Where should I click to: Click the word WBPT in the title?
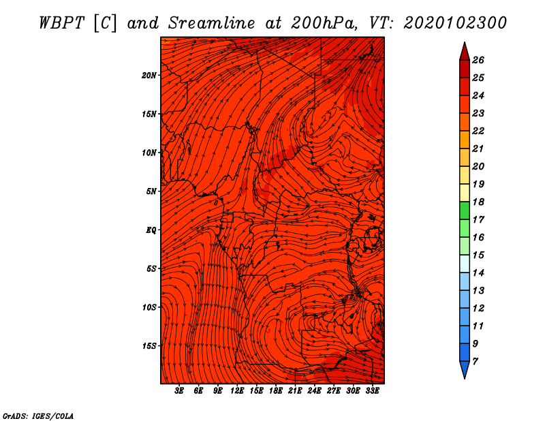61,23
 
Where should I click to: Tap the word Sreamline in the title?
212,23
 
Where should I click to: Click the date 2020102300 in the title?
455,23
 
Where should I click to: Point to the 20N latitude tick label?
149,76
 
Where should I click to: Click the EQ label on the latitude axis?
151,230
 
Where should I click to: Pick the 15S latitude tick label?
149,346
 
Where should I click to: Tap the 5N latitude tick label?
151,191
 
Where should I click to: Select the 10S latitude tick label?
149,307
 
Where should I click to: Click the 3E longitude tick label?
179,391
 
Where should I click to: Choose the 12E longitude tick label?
237,391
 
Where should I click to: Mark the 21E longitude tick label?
295,391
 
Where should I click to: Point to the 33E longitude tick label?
372,391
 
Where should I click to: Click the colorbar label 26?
478,60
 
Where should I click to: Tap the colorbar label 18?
478,202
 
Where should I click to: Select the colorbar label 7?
475,362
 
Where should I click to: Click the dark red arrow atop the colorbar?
465,52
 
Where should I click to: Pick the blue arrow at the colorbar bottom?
465,369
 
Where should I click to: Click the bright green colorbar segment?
465,210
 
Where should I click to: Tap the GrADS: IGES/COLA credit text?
38,416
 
